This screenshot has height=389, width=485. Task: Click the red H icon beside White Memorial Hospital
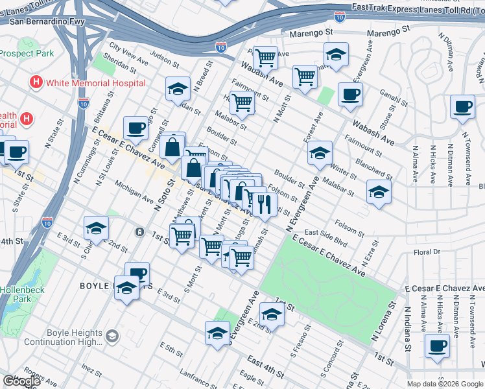point(36,83)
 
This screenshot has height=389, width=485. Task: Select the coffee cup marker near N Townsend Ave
point(462,107)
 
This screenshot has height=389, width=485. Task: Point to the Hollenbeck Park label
point(22,294)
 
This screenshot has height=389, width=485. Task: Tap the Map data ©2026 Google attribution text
point(445,384)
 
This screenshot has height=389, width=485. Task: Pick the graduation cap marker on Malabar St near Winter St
point(379,191)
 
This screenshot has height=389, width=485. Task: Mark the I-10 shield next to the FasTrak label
point(340,16)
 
